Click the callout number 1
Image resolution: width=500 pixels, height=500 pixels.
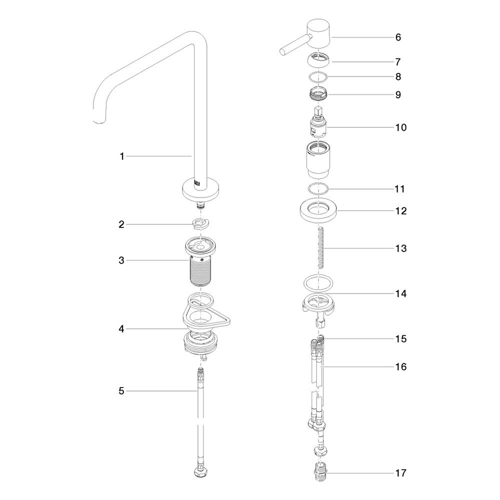(121, 156)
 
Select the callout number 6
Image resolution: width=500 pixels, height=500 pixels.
(398, 37)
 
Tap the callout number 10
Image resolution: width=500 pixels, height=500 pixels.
(401, 127)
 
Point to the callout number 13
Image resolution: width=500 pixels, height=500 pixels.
(401, 248)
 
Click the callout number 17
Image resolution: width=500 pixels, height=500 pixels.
(401, 473)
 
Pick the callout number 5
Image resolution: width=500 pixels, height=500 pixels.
(121, 391)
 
